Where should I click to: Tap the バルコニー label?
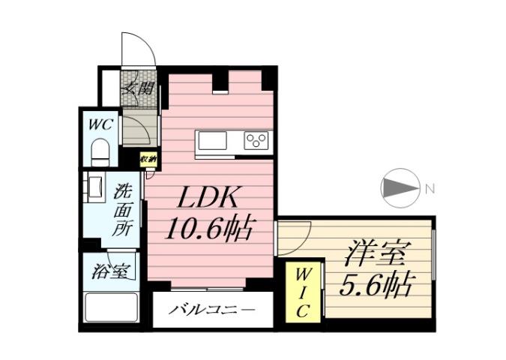[211, 309]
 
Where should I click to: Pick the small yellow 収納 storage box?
[148, 158]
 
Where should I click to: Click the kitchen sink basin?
[211, 140]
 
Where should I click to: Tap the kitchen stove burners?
[256, 140]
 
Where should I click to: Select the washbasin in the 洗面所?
[96, 188]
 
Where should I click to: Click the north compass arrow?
[401, 187]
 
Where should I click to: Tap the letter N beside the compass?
[430, 189]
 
